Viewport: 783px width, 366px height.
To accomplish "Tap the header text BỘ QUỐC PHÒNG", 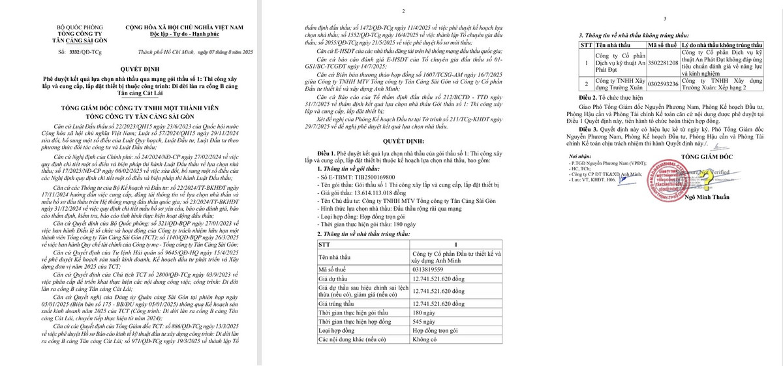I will click(x=84, y=27).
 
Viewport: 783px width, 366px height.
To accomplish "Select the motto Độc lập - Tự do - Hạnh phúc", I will click(x=184, y=33).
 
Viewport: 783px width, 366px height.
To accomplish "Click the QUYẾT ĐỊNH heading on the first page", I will click(x=140, y=69).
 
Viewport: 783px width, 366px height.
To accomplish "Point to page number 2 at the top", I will click(x=403, y=12).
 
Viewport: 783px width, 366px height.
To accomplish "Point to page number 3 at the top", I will click(x=664, y=20).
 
